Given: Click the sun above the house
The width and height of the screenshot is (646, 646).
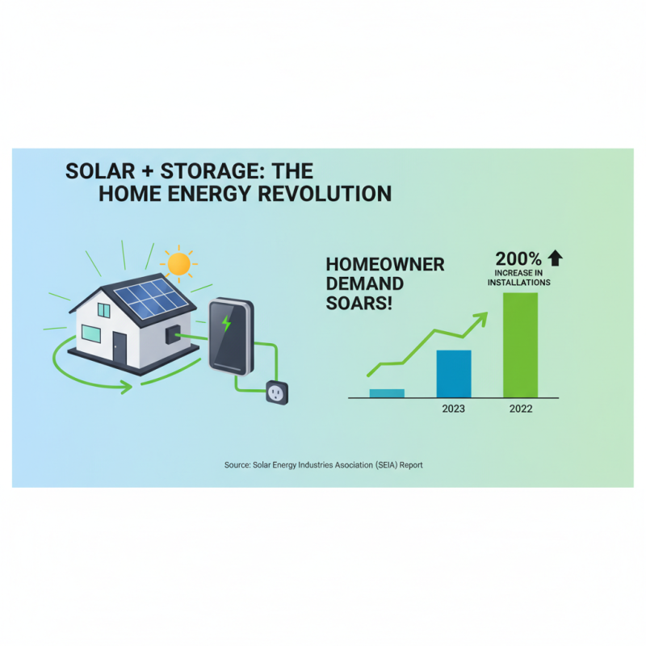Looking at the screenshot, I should pyautogui.click(x=178, y=263).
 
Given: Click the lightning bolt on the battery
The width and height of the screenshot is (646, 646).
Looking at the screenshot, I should pyautogui.click(x=227, y=324).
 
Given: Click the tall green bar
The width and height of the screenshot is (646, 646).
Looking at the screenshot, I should pyautogui.click(x=520, y=345).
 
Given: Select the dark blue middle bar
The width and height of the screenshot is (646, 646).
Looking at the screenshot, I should pyautogui.click(x=453, y=374).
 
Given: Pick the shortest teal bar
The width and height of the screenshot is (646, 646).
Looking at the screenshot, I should pyautogui.click(x=387, y=393).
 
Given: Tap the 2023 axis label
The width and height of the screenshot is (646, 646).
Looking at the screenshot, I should pyautogui.click(x=453, y=409).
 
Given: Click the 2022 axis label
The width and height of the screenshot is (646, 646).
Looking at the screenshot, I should pyautogui.click(x=521, y=409).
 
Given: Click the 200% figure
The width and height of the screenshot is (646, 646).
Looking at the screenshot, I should pyautogui.click(x=518, y=259).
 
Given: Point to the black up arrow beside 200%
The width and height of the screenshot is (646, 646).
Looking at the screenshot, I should pyautogui.click(x=555, y=258).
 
